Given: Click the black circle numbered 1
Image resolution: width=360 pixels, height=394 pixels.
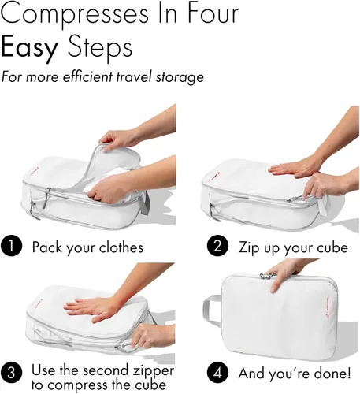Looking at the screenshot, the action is click(x=11, y=246).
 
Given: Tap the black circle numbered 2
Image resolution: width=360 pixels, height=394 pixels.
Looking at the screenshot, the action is click(x=217, y=246).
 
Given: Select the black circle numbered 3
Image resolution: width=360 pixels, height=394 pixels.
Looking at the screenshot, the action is click(x=11, y=373).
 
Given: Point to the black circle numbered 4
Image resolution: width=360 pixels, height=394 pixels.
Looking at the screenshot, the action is click(x=217, y=373).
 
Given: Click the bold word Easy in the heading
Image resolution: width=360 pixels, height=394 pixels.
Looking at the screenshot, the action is click(x=29, y=48).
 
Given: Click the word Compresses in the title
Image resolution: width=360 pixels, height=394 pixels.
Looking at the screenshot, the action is click(x=74, y=13).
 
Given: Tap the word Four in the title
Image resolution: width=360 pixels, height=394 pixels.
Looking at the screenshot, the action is click(x=213, y=13).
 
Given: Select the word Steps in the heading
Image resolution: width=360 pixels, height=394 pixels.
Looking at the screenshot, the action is click(x=100, y=48).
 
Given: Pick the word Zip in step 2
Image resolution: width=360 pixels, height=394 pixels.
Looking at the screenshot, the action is click(x=249, y=247).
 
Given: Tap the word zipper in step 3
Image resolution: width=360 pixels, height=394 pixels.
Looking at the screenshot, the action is click(x=154, y=371).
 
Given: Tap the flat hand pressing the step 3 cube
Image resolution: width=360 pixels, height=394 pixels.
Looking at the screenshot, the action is click(x=92, y=309).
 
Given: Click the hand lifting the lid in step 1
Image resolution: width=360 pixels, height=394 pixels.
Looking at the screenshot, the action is click(x=118, y=139).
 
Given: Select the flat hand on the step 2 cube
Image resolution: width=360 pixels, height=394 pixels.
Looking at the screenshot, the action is click(x=294, y=167).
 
